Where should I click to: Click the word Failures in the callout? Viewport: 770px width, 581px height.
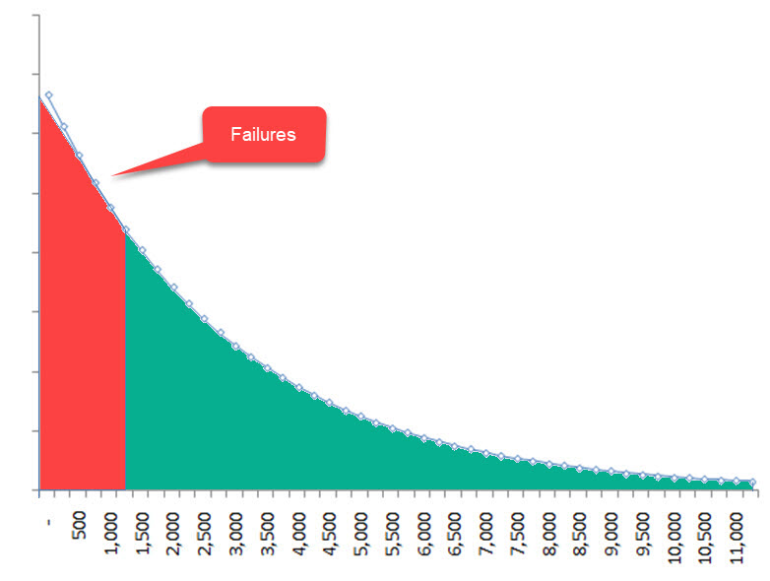tap(263, 135)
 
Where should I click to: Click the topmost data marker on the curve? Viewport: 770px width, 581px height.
tap(48, 96)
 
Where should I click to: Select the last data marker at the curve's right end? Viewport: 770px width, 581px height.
tap(752, 483)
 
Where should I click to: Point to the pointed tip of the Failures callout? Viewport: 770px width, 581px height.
tap(111, 177)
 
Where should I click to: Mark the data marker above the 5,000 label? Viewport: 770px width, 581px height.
tap(360, 418)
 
